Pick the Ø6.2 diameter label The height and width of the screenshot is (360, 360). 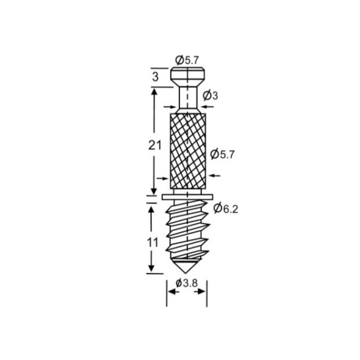pyautogui.click(x=227, y=209)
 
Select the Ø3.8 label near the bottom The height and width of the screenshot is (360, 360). pyautogui.click(x=186, y=283)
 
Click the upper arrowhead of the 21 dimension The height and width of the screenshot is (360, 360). pyautogui.click(x=151, y=91)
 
